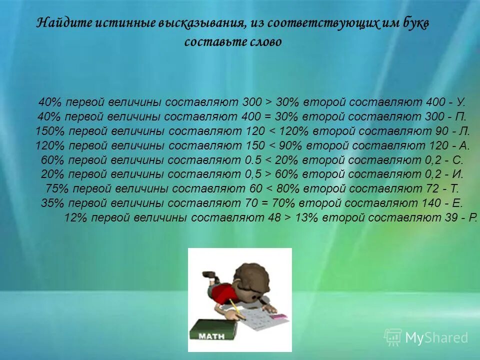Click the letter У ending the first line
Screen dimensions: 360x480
pyautogui.click(x=460, y=102)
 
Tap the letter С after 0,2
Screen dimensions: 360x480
pyautogui.click(x=459, y=160)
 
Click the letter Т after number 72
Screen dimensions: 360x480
pyautogui.click(x=454, y=189)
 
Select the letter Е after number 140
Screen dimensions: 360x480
pyautogui.click(x=458, y=203)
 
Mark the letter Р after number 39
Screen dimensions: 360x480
pyautogui.click(x=473, y=218)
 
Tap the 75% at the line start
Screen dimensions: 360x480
pyautogui.click(x=55, y=189)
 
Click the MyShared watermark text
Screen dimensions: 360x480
pyautogui.click(x=436, y=338)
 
